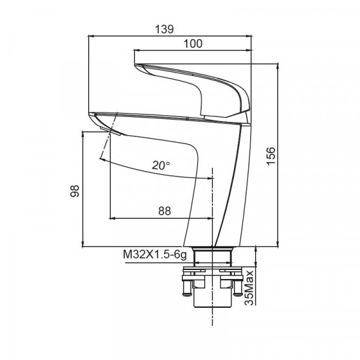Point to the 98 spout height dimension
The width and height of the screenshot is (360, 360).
pos(74,190)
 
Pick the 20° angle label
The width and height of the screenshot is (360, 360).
pos(161,165)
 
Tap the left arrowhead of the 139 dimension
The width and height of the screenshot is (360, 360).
pos(91,37)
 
